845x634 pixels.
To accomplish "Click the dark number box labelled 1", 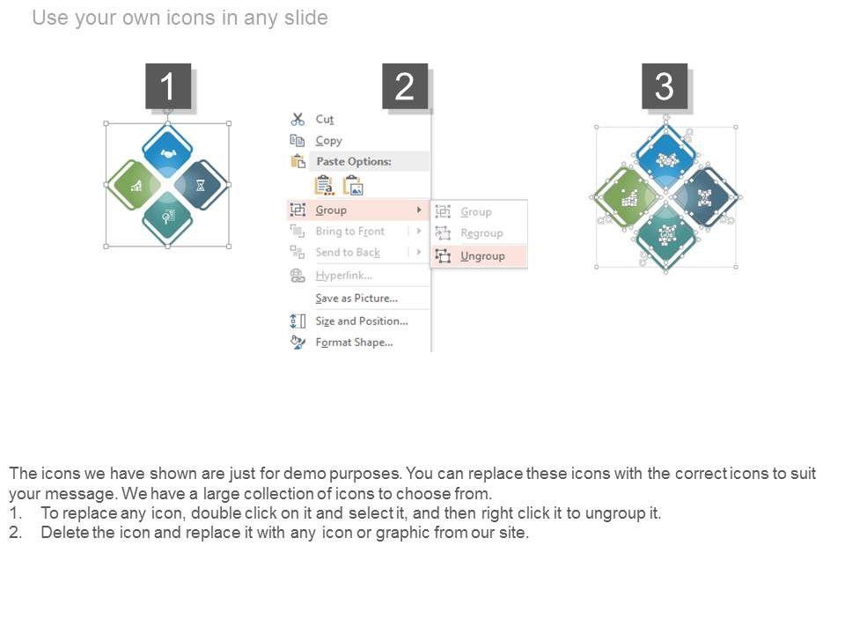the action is click(x=168, y=86).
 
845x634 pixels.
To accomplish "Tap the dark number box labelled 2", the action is click(x=405, y=86).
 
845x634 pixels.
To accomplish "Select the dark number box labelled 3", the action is click(x=665, y=86).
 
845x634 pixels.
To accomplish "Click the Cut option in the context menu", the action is click(x=325, y=119).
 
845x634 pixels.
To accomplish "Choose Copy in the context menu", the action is click(x=328, y=141).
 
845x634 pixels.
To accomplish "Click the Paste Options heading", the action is click(x=354, y=161).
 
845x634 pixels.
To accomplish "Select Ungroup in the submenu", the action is click(x=482, y=256).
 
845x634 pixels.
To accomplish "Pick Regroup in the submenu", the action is click(x=481, y=232).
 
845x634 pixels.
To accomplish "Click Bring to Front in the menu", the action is click(x=350, y=232).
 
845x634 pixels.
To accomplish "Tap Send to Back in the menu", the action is click(x=348, y=253).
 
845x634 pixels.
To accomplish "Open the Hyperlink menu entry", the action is click(x=344, y=276).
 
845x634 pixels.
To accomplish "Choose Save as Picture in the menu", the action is click(x=356, y=299).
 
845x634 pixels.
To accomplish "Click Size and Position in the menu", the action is click(x=362, y=321).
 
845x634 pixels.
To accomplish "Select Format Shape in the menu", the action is click(x=354, y=343).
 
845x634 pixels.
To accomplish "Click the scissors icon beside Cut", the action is click(x=298, y=119).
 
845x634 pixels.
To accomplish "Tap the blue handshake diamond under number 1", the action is click(x=167, y=152).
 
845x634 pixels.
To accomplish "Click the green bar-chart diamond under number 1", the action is click(x=134, y=185).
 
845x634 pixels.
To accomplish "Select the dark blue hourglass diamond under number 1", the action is click(x=201, y=185).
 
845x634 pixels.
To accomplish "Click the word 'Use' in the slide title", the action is click(x=49, y=18).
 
